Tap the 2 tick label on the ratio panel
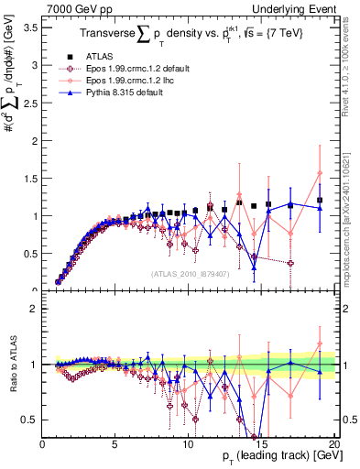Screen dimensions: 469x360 pos(33,309)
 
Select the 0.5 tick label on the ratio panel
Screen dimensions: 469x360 pos(28,420)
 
